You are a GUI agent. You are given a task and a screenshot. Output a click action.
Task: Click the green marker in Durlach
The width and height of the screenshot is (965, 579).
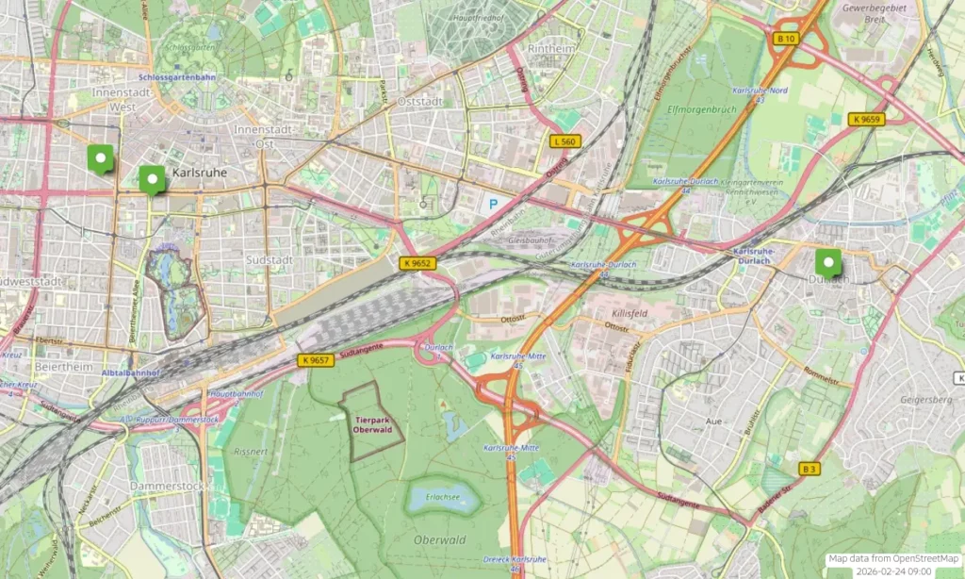click(x=828, y=261)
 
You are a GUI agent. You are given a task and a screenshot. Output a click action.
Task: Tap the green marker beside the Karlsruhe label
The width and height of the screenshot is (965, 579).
click(x=151, y=178)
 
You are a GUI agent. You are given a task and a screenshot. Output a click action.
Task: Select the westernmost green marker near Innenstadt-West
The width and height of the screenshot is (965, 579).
click(x=99, y=157)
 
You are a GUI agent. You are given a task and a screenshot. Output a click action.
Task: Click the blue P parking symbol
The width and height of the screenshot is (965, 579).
click(x=492, y=203)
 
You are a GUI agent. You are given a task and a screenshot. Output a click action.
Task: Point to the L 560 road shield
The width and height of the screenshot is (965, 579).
click(x=565, y=141)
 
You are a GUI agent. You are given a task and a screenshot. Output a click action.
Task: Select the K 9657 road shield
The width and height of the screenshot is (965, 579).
click(x=316, y=360)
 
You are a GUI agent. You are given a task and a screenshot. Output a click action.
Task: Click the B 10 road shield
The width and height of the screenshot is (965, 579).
click(x=785, y=39)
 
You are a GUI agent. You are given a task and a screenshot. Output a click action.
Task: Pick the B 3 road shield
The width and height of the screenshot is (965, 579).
click(x=810, y=469)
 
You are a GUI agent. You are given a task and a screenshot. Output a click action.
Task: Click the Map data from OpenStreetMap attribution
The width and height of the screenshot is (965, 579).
click(x=892, y=559)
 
